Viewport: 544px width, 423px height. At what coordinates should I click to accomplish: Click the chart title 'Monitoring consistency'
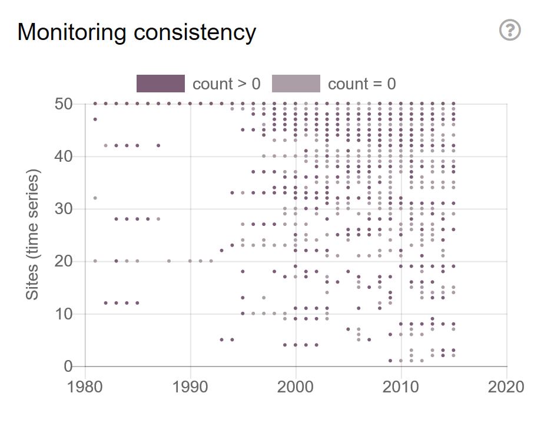point(137,32)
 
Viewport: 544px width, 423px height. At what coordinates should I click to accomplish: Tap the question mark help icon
point(510,30)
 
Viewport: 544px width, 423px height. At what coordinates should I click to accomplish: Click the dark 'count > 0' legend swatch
point(160,84)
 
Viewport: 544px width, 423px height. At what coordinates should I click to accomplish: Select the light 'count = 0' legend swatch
point(296,84)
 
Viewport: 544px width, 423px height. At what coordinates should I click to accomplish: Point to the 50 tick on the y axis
point(64,104)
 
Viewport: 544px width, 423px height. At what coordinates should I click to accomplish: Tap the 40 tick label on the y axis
point(64,156)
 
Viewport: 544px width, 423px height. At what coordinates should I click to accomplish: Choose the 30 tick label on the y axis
point(64,209)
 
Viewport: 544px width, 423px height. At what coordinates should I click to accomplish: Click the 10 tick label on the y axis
point(64,314)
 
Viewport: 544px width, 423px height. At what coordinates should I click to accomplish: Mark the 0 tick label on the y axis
point(68,366)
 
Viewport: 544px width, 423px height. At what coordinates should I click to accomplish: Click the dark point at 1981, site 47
point(95,119)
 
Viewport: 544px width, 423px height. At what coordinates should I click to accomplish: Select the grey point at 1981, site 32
point(95,198)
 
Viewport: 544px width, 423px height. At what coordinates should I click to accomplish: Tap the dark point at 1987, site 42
point(158,145)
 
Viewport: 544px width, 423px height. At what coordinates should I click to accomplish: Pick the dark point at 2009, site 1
point(390,361)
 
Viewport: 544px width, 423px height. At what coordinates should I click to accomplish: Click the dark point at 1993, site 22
point(222,251)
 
